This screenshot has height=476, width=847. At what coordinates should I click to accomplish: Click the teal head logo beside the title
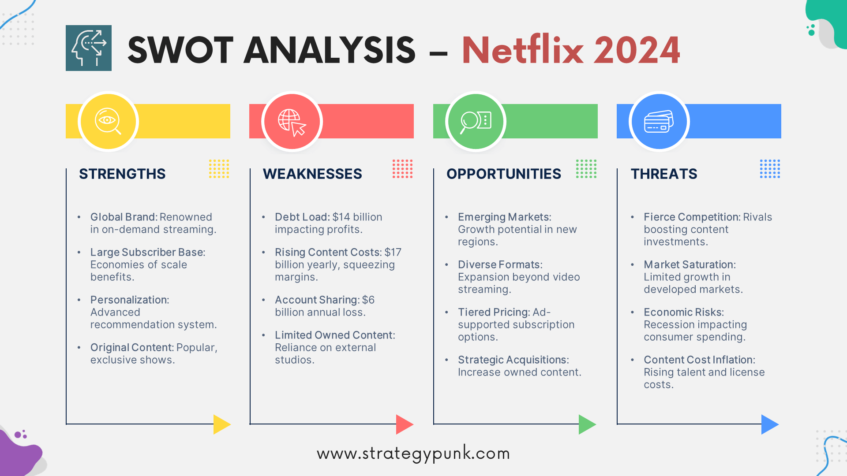coord(89,48)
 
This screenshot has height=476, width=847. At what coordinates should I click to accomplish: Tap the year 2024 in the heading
coord(637,50)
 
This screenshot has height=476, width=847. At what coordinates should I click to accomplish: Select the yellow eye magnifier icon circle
coord(108,121)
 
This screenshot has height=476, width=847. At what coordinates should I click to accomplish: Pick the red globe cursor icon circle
coord(292,121)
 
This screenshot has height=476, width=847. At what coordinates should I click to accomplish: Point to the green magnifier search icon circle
coord(476,121)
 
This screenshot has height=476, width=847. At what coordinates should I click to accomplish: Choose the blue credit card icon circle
coord(659,121)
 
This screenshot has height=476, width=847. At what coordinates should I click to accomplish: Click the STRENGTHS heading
coord(122,174)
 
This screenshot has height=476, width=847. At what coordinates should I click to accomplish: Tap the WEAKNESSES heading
coord(312,174)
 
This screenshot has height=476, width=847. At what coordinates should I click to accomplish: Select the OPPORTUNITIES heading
coord(504,174)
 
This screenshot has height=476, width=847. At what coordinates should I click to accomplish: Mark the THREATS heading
coord(664,174)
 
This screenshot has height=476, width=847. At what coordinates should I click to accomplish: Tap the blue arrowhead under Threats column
coord(770,424)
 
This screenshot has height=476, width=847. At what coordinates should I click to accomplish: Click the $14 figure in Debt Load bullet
coord(341,217)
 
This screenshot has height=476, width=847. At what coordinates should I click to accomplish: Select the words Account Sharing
coord(316,300)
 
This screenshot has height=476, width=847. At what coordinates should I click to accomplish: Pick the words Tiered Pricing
coord(494,312)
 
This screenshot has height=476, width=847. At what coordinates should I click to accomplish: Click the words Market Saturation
coord(689,265)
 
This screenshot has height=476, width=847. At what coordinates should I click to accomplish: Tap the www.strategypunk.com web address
coord(413,454)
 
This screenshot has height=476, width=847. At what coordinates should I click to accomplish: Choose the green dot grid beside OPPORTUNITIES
coord(586,169)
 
